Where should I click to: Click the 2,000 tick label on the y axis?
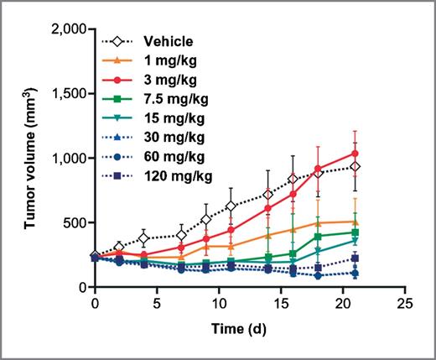tap(65, 29)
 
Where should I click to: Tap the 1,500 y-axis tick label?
tap(65, 94)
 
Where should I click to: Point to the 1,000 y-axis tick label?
tap(65, 159)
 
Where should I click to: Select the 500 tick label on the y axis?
tap(73, 223)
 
